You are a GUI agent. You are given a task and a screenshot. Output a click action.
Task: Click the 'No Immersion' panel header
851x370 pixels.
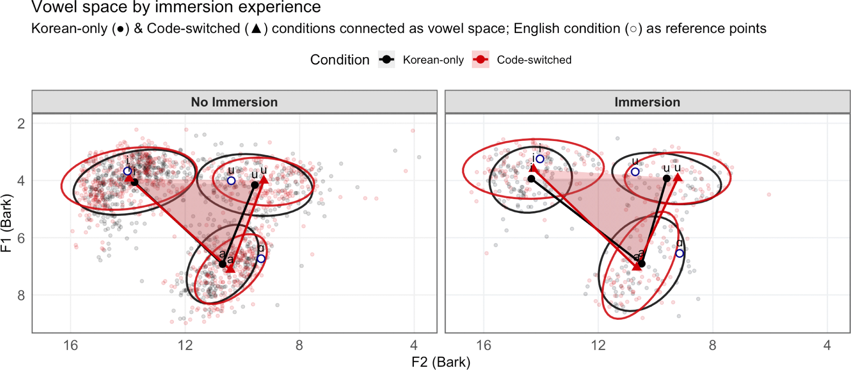[234, 102]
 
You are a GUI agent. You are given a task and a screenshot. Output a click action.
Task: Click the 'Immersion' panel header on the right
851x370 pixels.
[647, 102]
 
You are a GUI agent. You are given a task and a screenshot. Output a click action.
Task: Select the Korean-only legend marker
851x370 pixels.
[387, 60]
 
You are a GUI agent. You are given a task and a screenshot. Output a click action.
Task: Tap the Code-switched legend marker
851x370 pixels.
[481, 60]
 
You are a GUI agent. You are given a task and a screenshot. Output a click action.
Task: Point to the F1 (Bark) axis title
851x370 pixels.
[6, 223]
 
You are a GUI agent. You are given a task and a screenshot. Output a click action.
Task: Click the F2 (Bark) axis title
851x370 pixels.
[441, 362]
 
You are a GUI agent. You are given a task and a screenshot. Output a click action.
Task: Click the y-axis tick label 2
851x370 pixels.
[21, 124]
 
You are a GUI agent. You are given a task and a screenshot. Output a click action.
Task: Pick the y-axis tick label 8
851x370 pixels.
[21, 296]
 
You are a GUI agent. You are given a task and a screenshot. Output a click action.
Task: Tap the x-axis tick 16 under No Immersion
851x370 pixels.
[71, 345]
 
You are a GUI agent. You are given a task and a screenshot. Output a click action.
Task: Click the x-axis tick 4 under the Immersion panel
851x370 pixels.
[827, 345]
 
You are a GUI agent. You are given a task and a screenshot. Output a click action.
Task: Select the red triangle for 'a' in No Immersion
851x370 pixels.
[230, 269]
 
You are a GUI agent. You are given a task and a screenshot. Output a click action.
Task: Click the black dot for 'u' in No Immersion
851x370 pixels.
[255, 185]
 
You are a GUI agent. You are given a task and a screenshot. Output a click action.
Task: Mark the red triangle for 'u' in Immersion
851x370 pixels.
[678, 177]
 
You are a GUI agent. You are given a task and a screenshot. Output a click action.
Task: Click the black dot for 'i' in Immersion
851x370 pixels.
[531, 178]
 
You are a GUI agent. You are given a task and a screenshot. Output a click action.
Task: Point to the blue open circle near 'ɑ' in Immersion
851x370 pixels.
[679, 253]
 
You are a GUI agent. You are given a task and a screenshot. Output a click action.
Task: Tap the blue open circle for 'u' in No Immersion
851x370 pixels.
[231, 180]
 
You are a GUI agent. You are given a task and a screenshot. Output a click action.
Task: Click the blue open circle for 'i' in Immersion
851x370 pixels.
[540, 159]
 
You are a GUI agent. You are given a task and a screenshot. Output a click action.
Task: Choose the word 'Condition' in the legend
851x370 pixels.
[340, 60]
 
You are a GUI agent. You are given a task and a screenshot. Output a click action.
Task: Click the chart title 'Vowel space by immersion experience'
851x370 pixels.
[176, 7]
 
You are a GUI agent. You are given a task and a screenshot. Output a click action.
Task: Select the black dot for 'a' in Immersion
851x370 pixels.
[642, 264]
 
